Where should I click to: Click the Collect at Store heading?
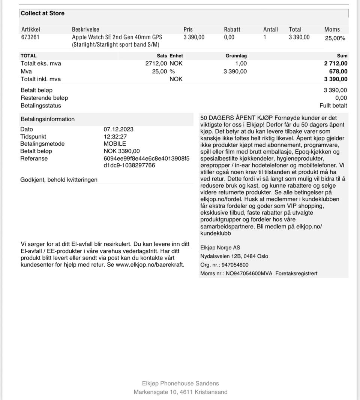[x=42, y=13]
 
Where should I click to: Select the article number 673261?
[x=30, y=37]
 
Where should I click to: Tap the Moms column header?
[x=332, y=29]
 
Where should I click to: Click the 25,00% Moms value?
[x=335, y=38]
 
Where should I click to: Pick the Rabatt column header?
[x=232, y=29]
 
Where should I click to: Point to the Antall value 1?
[x=265, y=37]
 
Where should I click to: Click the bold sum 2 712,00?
[x=336, y=64]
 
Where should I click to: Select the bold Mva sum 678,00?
[x=339, y=72]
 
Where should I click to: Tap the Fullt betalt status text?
[x=333, y=106]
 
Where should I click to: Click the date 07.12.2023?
[x=118, y=129]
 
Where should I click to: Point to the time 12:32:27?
[x=115, y=137]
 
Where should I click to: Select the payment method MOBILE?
[x=115, y=144]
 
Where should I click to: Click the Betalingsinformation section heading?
[x=48, y=119]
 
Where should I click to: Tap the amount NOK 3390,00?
[x=121, y=151]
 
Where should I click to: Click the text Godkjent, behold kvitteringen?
[x=59, y=180]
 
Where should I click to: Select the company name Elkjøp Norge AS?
[x=220, y=248]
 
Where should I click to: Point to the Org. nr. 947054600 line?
[x=224, y=265]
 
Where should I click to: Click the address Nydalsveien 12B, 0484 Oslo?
[x=234, y=256]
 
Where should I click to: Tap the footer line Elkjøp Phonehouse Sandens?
[x=180, y=384]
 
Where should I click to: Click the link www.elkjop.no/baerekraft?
[x=150, y=264]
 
